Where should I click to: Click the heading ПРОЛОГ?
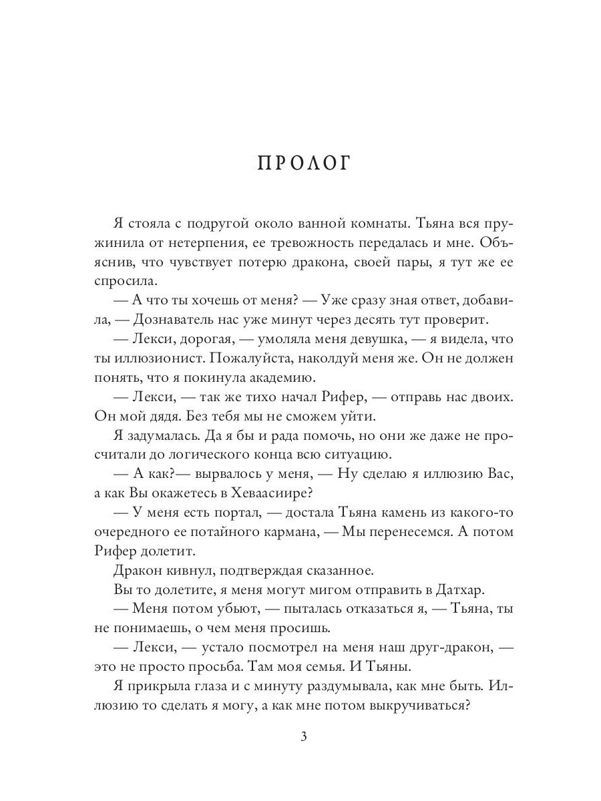click(x=304, y=164)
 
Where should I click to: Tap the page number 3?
click(x=304, y=737)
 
